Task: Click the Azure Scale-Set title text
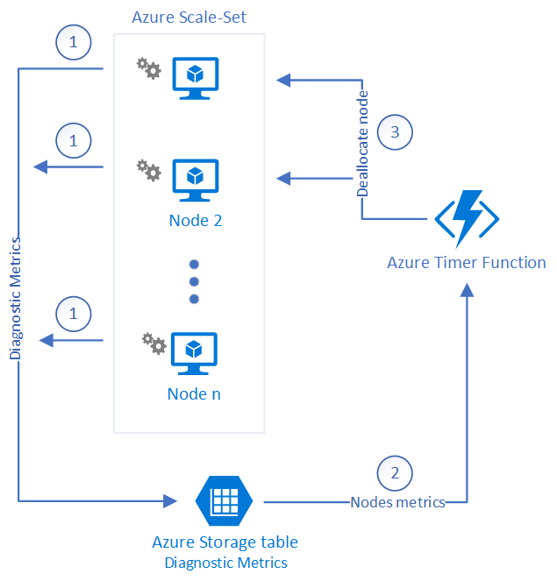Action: pyautogui.click(x=189, y=17)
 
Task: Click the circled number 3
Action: pyautogui.click(x=394, y=132)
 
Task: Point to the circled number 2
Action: pyautogui.click(x=395, y=472)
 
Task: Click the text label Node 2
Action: pyautogui.click(x=195, y=220)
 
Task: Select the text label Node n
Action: pyautogui.click(x=194, y=393)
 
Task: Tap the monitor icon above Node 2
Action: pyautogui.click(x=195, y=178)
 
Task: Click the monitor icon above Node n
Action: pyautogui.click(x=195, y=351)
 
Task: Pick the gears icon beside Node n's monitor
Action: pyautogui.click(x=154, y=343)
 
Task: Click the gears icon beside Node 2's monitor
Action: pyautogui.click(x=149, y=169)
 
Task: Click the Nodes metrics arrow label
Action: pyautogui.click(x=397, y=502)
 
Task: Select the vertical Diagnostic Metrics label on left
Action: pyautogui.click(x=16, y=298)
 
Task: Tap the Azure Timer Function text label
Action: pyautogui.click(x=467, y=263)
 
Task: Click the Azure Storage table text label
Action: pyautogui.click(x=225, y=542)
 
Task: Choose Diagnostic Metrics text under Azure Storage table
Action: pyautogui.click(x=225, y=563)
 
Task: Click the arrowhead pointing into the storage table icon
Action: pyautogui.click(x=170, y=501)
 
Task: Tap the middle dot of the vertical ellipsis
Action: pyautogui.click(x=195, y=281)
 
